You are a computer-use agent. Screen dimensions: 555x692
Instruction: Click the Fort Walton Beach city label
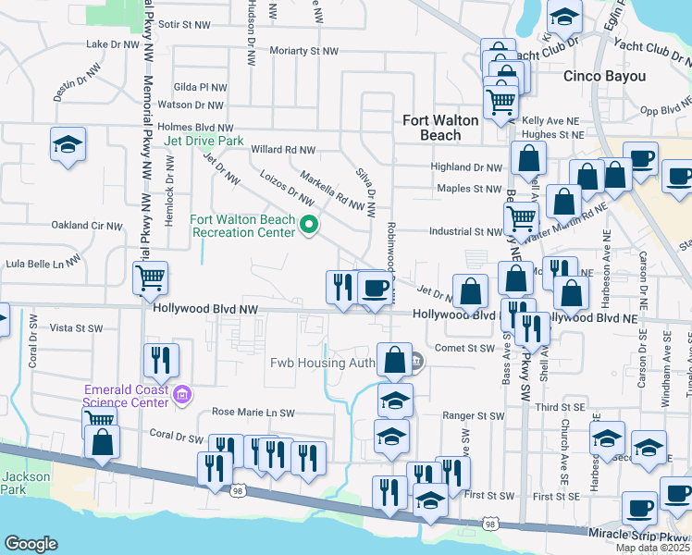pyautogui.click(x=441, y=128)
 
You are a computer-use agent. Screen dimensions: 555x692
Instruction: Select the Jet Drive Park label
pyautogui.click(x=204, y=142)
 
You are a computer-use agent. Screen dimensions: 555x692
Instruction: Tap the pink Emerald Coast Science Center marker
pyautogui.click(x=182, y=397)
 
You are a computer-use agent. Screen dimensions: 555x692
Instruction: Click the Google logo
pyautogui.click(x=31, y=544)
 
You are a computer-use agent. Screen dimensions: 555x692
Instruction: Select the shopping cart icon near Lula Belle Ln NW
pyautogui.click(x=150, y=277)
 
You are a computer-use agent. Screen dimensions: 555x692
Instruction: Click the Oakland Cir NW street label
pyautogui.click(x=87, y=225)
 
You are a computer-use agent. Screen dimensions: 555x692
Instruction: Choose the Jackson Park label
pyautogui.click(x=19, y=482)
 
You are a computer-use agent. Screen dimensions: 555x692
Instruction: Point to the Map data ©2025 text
pyautogui.click(x=653, y=548)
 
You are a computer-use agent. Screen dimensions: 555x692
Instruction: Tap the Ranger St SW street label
pyautogui.click(x=471, y=416)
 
